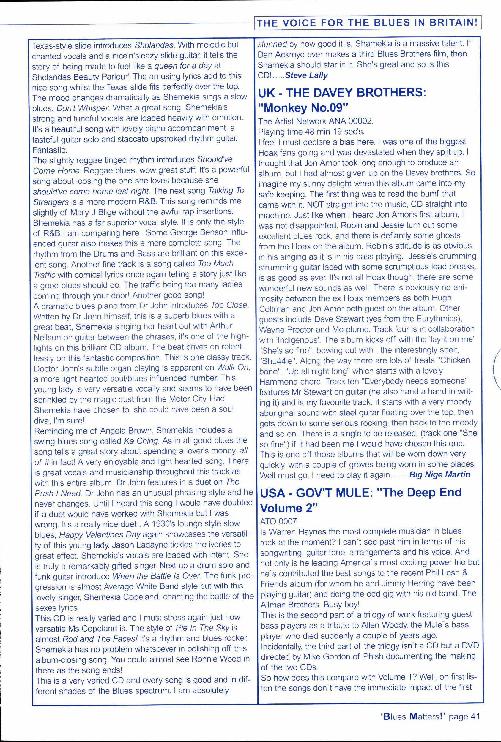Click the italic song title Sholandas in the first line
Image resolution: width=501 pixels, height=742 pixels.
click(x=154, y=45)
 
